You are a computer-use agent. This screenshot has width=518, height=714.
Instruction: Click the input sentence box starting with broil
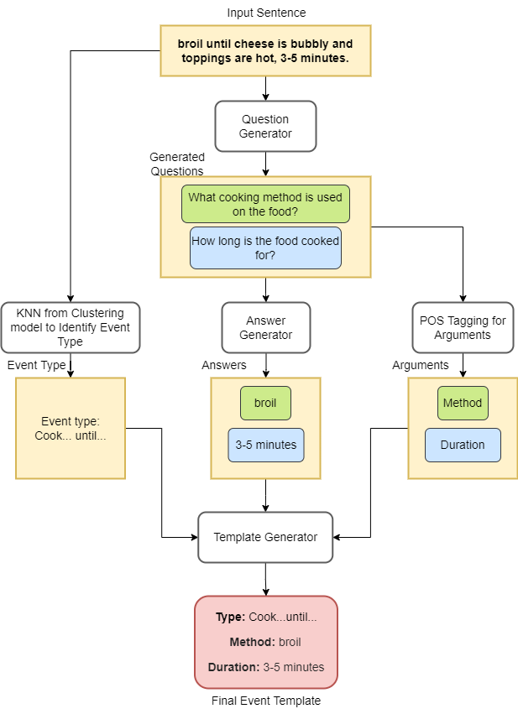pyautogui.click(x=265, y=50)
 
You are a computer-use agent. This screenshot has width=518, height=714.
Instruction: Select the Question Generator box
pyautogui.click(x=265, y=126)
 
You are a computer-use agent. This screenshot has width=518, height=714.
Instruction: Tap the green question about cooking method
pyautogui.click(x=265, y=204)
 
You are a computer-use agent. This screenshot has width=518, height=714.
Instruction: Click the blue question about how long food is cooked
pyautogui.click(x=265, y=248)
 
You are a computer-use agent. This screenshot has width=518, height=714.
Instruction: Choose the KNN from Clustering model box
pyautogui.click(x=71, y=327)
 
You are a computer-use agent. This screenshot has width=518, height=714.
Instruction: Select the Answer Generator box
pyautogui.click(x=265, y=327)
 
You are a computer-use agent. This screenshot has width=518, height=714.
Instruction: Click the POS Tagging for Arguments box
pyautogui.click(x=463, y=327)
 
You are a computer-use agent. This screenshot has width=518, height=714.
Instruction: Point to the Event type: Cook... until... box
pyautogui.click(x=71, y=428)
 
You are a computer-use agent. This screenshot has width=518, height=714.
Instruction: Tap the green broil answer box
pyautogui.click(x=265, y=403)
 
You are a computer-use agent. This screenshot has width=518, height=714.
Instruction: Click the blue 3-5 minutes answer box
pyautogui.click(x=265, y=445)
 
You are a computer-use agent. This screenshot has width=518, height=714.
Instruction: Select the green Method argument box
pyautogui.click(x=463, y=403)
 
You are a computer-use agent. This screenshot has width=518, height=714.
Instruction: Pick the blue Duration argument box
pyautogui.click(x=463, y=445)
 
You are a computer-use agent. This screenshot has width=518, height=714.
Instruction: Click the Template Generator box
pyautogui.click(x=265, y=537)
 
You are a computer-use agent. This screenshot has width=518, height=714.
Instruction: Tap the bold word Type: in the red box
pyautogui.click(x=230, y=617)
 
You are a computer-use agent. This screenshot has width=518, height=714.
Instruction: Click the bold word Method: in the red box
pyautogui.click(x=252, y=642)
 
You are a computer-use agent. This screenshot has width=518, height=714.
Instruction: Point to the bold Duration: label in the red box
pyautogui.click(x=233, y=668)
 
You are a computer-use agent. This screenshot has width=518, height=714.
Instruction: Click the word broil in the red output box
pyautogui.click(x=290, y=642)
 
